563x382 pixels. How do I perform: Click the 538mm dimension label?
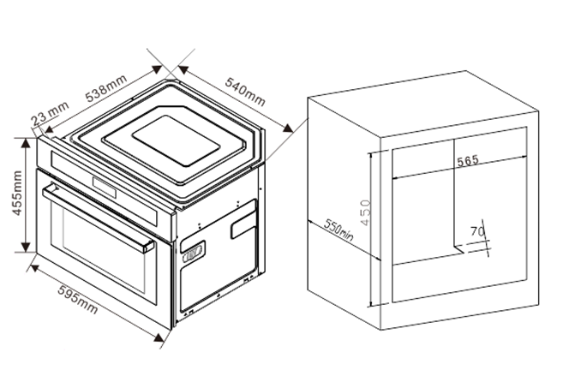coord(106,88)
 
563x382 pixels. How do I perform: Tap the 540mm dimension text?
coord(245,92)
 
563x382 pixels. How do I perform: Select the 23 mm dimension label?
coord(50,114)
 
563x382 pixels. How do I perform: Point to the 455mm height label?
coord(17,194)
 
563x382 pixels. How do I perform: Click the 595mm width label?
coord(78,300)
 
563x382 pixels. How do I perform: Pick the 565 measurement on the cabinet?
coord(468,161)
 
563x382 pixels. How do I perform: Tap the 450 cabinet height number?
coord(365,212)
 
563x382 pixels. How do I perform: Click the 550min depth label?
coord(338,230)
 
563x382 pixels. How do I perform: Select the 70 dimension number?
coord(477,231)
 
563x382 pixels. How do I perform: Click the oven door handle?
coord(98,218)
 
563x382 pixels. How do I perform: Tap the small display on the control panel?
coord(105,188)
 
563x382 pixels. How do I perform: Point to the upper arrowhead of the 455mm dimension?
coord(26,142)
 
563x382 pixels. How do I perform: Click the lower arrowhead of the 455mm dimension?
coord(26,248)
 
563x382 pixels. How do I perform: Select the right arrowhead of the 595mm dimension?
coord(159,337)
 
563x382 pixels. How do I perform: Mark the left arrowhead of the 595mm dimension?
coord(35,268)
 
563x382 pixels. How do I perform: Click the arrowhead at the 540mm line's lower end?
coord(288,128)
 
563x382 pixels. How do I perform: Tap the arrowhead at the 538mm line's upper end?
coord(157,69)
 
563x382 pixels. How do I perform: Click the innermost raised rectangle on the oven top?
coord(176,140)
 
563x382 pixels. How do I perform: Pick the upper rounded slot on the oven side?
coord(243,224)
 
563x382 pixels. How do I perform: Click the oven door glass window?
coord(104,248)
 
